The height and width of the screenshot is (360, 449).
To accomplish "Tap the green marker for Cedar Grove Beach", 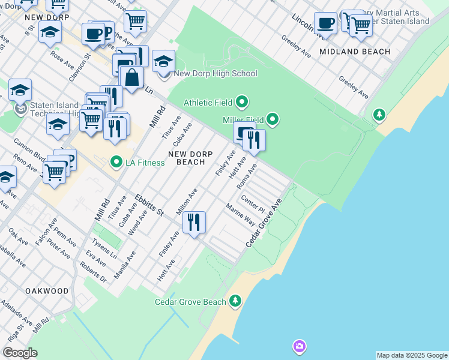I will point(235,301).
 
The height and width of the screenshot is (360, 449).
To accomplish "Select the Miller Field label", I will point(244,120).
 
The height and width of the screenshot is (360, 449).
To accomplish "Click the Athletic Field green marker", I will point(242,102).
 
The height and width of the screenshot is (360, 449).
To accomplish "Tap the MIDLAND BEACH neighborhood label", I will point(355,52).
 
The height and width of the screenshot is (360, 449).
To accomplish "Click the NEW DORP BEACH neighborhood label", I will point(190,158).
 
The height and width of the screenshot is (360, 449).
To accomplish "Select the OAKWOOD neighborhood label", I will point(47,290).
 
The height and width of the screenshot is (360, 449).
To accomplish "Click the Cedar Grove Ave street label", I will point(264,223).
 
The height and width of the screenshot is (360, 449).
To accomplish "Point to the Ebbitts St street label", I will point(149,204).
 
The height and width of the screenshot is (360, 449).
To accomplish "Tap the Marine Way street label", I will point(241,215).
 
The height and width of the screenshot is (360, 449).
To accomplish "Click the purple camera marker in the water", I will point(299,346).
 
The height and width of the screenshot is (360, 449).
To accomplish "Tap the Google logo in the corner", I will point(20,353).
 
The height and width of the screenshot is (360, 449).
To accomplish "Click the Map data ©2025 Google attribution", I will point(412,355).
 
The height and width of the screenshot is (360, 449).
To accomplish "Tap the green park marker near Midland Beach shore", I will point(379,114).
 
